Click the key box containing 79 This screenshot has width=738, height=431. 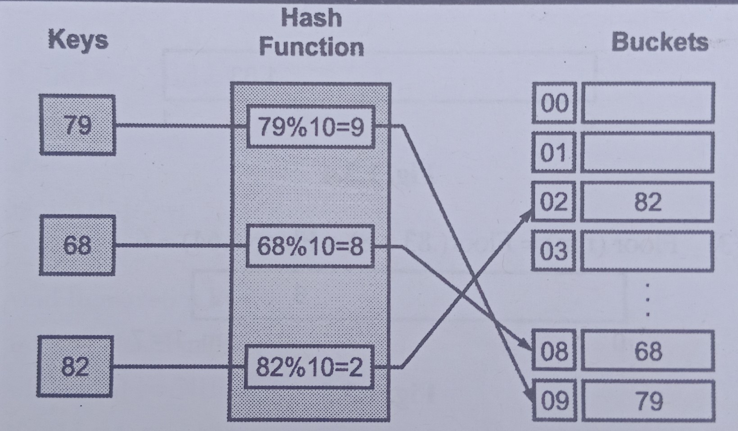tap(77, 125)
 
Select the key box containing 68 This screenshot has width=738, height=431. tap(77, 245)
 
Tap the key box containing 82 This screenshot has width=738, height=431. tap(75, 366)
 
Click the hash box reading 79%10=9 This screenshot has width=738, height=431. tap(311, 127)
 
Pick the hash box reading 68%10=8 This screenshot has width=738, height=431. tap(310, 246)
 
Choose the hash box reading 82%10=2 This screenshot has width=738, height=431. tap(309, 367)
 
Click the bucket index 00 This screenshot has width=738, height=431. tap(554, 103)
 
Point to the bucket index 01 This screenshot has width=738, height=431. tap(553, 153)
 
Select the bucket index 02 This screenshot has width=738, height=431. tap(553, 201)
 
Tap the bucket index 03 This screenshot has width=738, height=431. tap(553, 250)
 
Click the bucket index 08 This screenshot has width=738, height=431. tap(554, 350)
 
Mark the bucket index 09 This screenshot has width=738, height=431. tap(554, 400)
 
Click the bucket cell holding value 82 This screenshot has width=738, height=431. tap(647, 201)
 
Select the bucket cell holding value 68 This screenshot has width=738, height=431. tap(647, 350)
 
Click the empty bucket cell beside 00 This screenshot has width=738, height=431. tap(648, 103)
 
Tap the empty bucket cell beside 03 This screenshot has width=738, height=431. tap(647, 251)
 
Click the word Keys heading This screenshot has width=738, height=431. tap(78, 40)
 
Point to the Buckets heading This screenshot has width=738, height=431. tap(659, 42)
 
